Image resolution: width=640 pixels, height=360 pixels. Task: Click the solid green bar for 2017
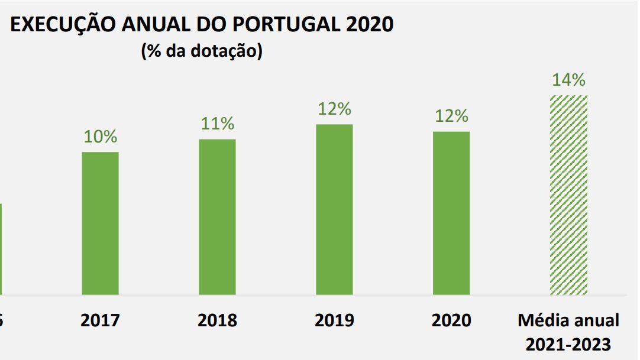100,223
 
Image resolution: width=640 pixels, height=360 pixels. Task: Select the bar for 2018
217,216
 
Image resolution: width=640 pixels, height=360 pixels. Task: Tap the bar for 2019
334,209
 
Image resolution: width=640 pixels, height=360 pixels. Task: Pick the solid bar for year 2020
451,213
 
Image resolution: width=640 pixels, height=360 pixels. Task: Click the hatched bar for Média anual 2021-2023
569,194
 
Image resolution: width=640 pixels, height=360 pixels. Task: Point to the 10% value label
101,137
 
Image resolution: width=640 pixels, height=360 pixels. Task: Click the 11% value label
218,124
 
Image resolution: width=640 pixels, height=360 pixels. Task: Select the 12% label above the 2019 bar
334,109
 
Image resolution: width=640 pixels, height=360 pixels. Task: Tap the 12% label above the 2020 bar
451,116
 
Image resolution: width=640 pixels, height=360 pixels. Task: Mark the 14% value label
568,80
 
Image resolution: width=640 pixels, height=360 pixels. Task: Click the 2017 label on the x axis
100,320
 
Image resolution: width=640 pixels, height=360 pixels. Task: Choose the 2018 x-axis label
217,320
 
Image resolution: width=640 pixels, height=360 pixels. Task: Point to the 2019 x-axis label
334,320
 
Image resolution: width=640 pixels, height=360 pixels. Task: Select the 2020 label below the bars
451,320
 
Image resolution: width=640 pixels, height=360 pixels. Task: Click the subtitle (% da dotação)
202,51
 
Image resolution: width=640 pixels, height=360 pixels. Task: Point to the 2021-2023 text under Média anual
568,343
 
